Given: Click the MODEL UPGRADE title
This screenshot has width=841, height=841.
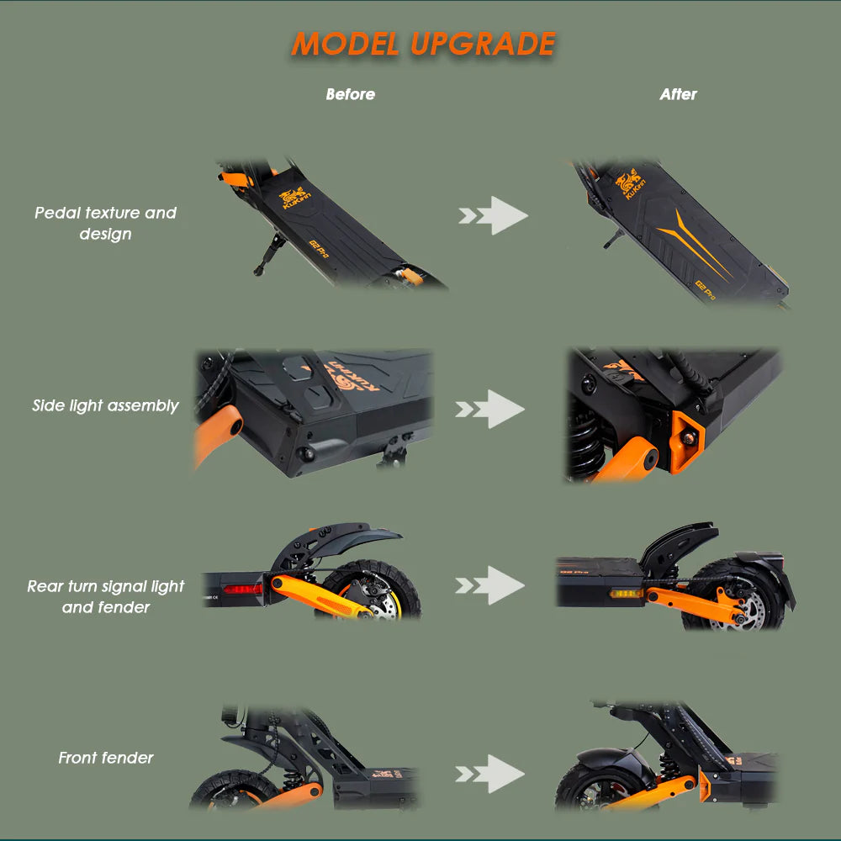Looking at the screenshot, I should pyautogui.click(x=423, y=44).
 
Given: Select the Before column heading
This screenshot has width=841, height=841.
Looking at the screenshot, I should pyautogui.click(x=350, y=94).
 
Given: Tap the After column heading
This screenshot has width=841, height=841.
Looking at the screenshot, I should pyautogui.click(x=678, y=94).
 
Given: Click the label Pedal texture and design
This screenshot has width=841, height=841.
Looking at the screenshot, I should pyautogui.click(x=105, y=223).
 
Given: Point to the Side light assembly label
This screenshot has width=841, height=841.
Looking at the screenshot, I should pyautogui.click(x=105, y=405).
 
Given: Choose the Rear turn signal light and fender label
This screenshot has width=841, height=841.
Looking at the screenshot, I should pyautogui.click(x=105, y=596).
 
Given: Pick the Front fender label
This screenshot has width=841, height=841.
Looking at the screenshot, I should pyautogui.click(x=105, y=758).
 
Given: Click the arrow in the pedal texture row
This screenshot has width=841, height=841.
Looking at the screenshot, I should pyautogui.click(x=494, y=216).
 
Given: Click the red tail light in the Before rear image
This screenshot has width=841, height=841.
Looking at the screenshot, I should pyautogui.click(x=242, y=589).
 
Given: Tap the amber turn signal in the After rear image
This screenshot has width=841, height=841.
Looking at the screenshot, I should pyautogui.click(x=624, y=594).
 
